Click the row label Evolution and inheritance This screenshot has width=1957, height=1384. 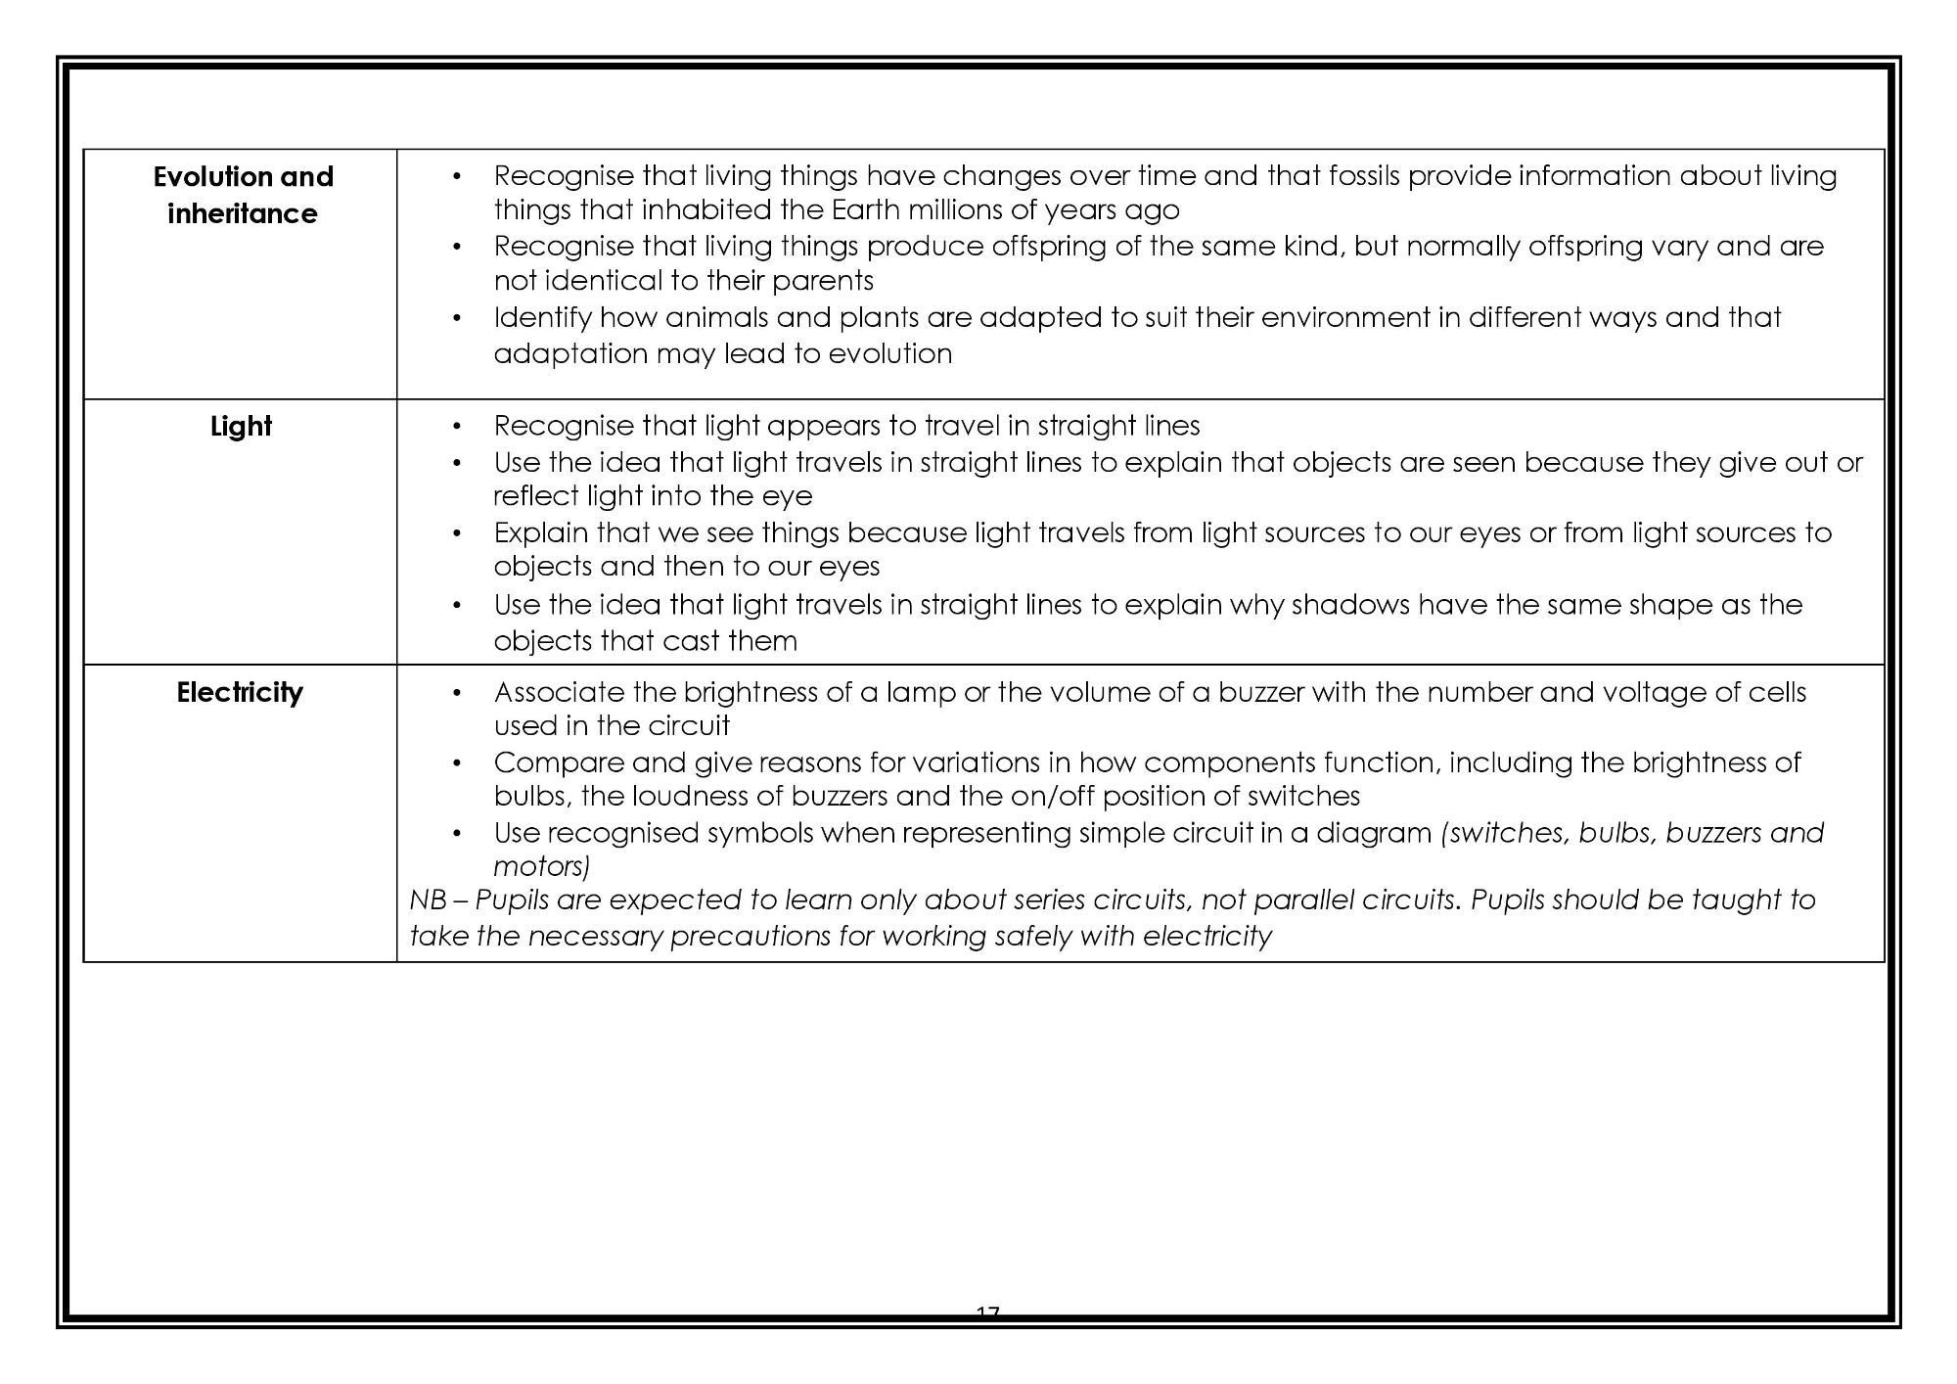coord(243,195)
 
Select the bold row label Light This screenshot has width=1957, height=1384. coord(241,427)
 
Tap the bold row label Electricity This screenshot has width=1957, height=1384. coord(240,693)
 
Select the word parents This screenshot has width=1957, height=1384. coord(823,282)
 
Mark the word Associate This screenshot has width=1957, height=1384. coord(559,693)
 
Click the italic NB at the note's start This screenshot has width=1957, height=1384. coord(427,900)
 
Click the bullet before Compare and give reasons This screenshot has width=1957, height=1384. coord(456,763)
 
